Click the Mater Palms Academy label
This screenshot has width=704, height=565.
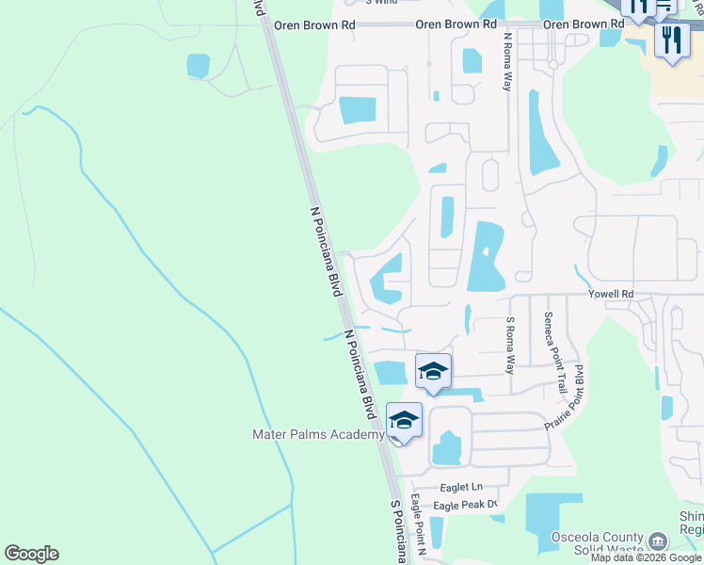coord(318,434)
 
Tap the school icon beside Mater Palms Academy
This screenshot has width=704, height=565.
coord(404,421)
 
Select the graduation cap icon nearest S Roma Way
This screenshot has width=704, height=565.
coord(433,372)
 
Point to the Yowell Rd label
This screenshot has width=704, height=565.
coord(611,295)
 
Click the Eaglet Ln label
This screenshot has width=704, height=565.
coord(461,487)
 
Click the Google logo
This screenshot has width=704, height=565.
coord(31,554)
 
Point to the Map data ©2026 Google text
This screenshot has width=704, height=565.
coord(646,557)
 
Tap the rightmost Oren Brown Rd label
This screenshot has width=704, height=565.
coord(584,24)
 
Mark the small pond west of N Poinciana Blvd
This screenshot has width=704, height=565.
coord(198,65)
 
